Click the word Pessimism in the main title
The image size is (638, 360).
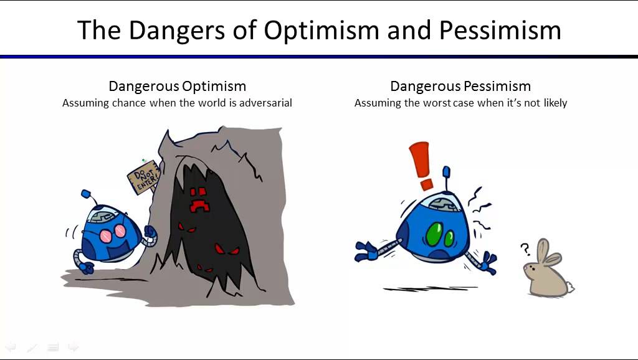500,31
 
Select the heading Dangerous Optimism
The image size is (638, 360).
178,86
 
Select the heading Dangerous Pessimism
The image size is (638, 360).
460,86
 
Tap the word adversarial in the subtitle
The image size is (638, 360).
265,103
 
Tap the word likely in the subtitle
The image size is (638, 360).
555,103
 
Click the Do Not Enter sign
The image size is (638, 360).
143,178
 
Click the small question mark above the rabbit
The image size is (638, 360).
525,249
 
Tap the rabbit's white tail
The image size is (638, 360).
571,288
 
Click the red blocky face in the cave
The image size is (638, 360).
199,199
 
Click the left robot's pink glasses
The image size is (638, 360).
114,232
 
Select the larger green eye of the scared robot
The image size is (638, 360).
434,234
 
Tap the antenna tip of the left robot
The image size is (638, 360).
86,194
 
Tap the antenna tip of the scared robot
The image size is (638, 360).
446,171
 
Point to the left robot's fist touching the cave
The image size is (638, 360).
150,233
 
